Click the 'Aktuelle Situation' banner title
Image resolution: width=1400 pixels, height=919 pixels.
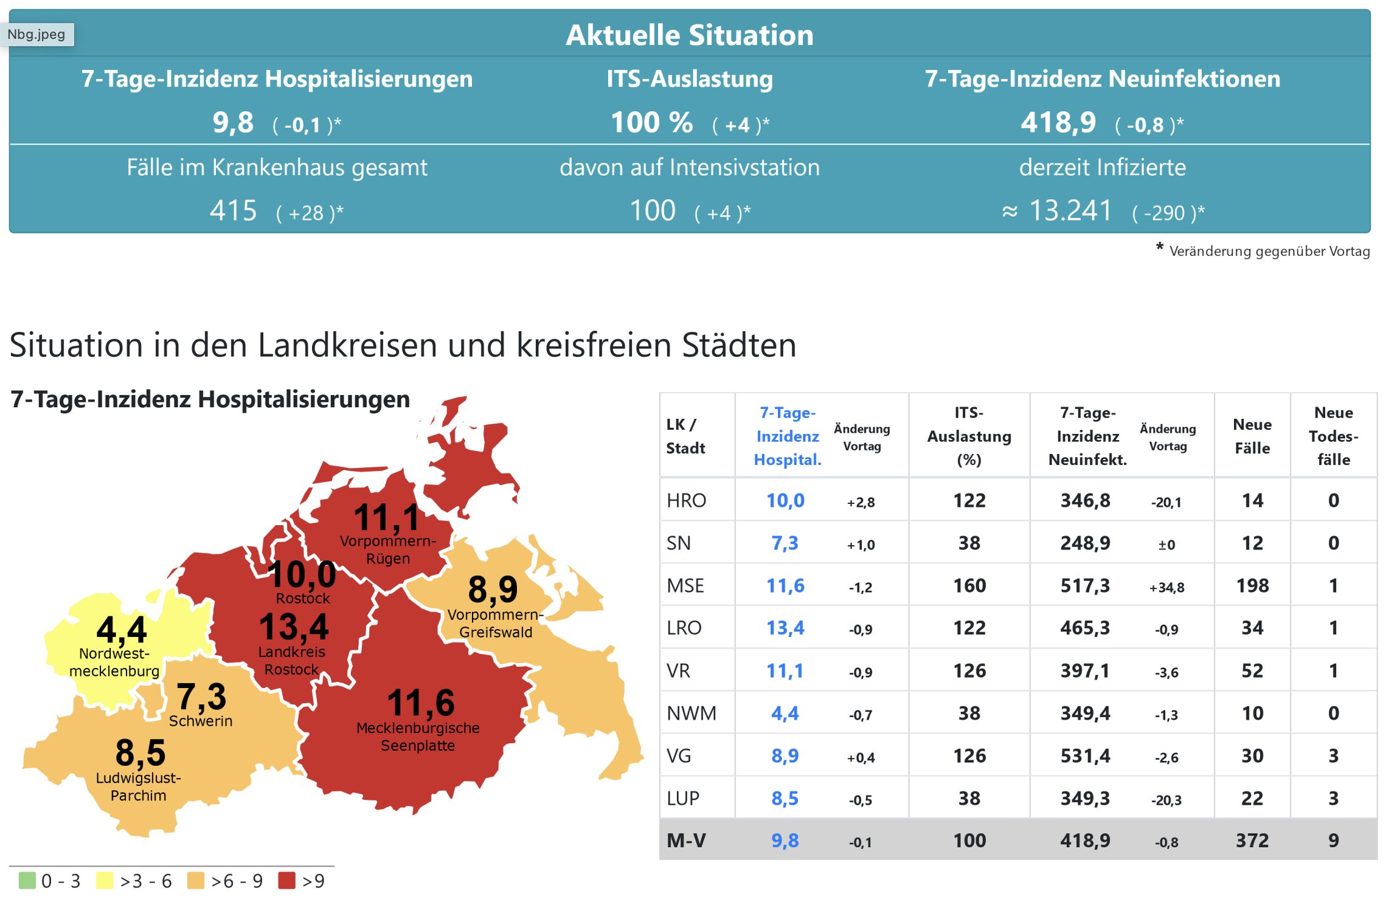point(689,35)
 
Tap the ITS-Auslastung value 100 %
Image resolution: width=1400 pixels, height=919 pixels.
point(651,123)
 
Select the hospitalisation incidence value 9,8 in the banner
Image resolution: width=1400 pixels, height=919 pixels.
point(233,123)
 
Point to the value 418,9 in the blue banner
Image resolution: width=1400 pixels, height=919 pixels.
point(1058,123)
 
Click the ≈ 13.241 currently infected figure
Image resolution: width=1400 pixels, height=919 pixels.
point(1057,211)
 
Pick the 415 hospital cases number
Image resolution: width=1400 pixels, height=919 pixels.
point(233,211)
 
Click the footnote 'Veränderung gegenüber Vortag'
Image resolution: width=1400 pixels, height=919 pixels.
point(1269,251)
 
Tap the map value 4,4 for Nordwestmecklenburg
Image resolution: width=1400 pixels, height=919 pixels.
point(122,629)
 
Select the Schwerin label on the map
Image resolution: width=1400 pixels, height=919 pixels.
point(201,721)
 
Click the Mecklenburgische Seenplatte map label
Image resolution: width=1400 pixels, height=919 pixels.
point(418,736)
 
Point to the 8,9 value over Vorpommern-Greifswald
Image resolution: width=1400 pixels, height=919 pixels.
point(493,588)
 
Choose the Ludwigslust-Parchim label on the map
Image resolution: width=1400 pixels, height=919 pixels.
point(139,786)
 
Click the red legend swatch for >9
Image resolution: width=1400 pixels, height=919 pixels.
point(286,880)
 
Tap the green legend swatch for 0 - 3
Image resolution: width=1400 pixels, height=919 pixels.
point(27,880)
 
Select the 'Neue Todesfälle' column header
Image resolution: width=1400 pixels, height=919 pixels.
point(1333,436)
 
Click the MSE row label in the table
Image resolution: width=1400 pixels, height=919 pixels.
point(685,585)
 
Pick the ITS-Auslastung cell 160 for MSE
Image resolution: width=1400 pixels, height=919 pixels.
point(969,585)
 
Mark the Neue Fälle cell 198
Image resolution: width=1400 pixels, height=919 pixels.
point(1252,585)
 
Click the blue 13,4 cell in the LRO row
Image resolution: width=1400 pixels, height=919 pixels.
point(785,627)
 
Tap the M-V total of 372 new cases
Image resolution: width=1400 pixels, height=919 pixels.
point(1252,840)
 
